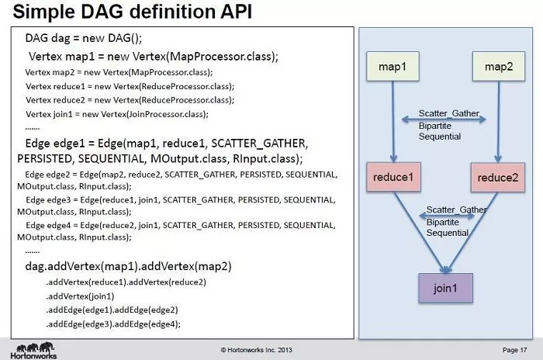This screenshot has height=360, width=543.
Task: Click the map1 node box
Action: click(x=393, y=67)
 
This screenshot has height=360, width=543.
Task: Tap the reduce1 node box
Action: click(x=393, y=178)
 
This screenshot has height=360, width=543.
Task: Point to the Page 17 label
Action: click(x=515, y=350)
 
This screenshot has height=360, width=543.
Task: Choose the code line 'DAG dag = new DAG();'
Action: click(x=85, y=38)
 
